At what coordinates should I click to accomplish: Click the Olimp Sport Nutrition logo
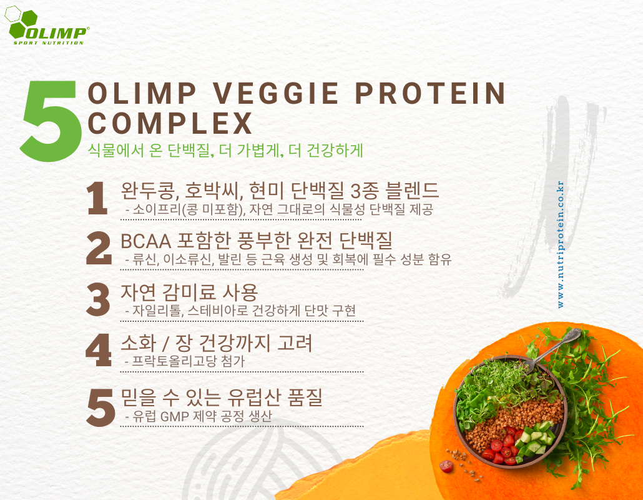tap(46, 26)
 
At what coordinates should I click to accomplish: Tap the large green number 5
tap(49, 120)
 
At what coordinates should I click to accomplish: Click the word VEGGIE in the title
tap(276, 93)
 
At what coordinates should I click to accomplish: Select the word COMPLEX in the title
tap(170, 124)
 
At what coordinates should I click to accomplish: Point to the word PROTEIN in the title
tap(429, 93)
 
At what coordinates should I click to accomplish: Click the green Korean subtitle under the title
tap(225, 150)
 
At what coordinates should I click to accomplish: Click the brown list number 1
tap(97, 199)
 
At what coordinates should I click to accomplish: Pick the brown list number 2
tap(99, 248)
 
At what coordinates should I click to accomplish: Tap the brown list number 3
tap(99, 299)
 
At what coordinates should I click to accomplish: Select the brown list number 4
tap(99, 350)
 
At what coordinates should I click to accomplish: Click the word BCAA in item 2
tap(145, 241)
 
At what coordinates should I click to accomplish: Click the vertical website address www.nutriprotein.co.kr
tap(561, 244)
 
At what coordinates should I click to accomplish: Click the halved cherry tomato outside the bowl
tap(446, 466)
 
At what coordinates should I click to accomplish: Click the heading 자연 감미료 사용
tap(189, 292)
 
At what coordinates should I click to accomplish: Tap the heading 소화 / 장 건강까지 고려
tap(217, 343)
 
